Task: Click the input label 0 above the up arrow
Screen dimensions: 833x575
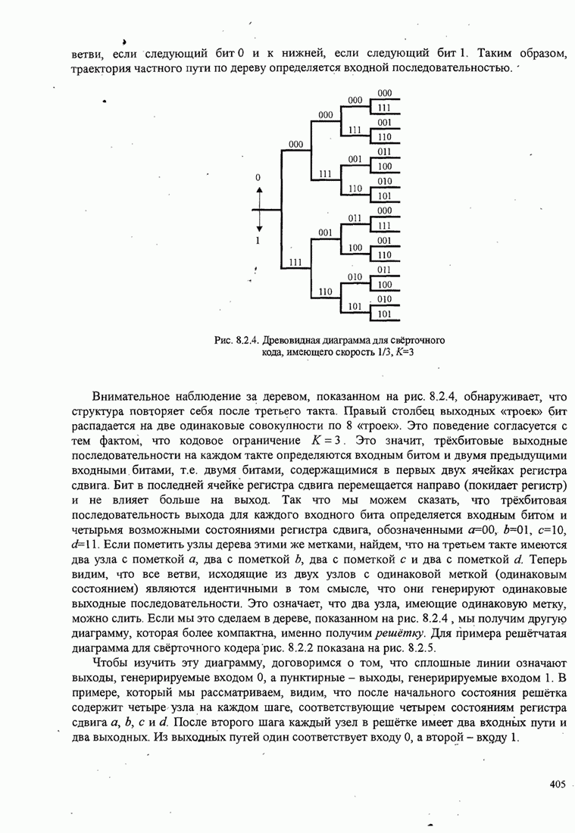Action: (x=258, y=177)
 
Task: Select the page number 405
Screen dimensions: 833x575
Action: (x=558, y=785)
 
